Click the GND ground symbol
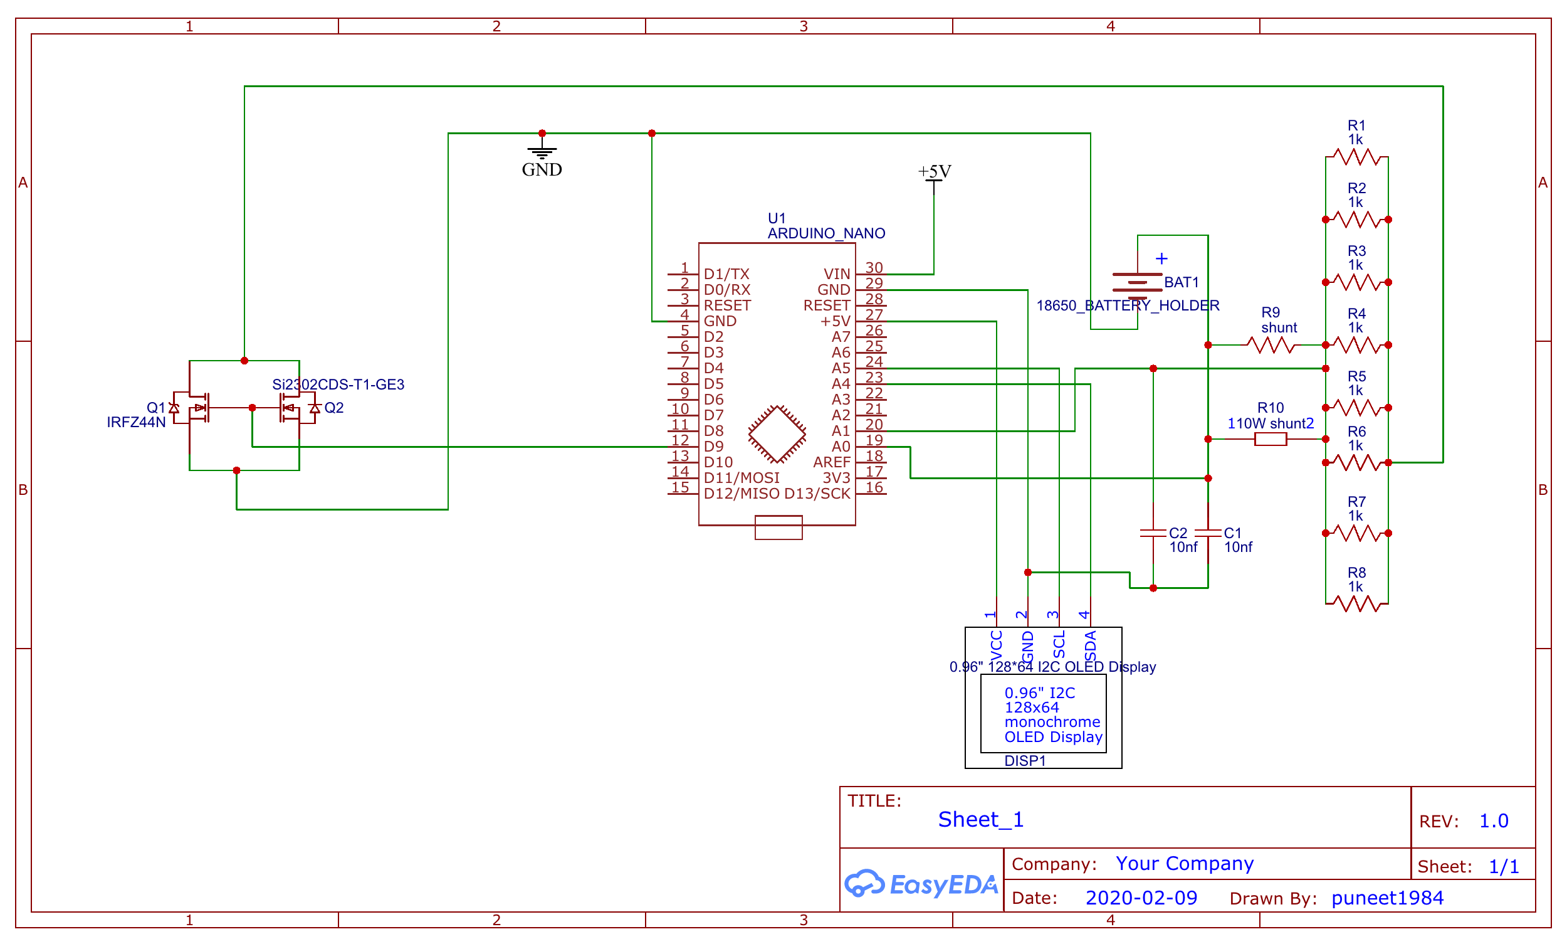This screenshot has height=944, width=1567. [542, 152]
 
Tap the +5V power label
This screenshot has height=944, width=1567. [934, 172]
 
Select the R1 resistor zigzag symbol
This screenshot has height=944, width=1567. [1356, 156]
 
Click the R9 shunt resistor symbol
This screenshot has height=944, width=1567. [1270, 345]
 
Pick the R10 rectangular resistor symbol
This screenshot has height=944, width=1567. [1270, 439]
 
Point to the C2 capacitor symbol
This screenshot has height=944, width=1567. [1153, 533]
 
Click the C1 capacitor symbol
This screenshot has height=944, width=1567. [1208, 533]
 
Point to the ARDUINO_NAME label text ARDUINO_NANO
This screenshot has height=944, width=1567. [825, 233]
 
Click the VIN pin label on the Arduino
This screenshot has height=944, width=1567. [837, 274]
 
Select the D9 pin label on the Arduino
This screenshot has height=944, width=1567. [713, 447]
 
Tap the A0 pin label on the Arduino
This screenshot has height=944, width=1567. [841, 447]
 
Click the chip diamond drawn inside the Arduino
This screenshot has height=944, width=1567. [777, 434]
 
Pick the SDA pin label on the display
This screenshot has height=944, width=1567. [1090, 646]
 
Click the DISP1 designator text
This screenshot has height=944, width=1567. [1024, 761]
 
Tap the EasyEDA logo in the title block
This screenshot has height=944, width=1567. [921, 884]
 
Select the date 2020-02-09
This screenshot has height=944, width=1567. [1140, 898]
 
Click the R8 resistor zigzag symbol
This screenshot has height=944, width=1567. [1356, 603]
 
